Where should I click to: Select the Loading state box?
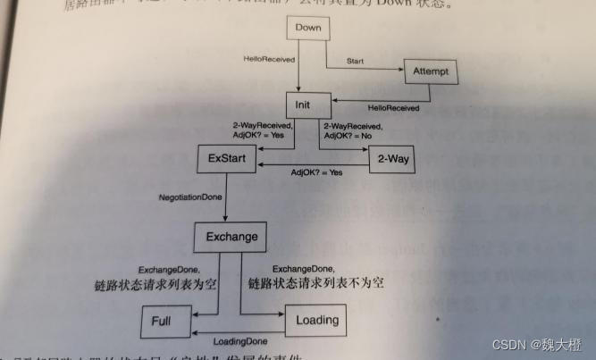pos(317,319)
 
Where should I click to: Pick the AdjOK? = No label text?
pos(348,138)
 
